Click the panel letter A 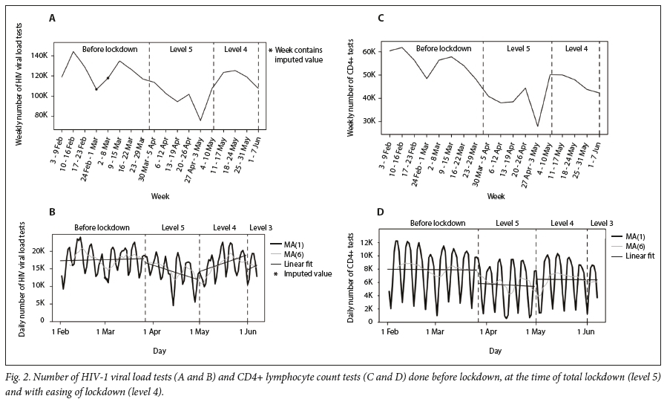(53, 17)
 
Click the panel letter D (381, 213)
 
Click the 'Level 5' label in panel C (524, 49)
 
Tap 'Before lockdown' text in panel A (110, 49)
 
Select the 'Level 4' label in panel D (562, 223)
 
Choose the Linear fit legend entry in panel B (300, 263)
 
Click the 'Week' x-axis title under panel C (497, 198)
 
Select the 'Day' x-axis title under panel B (159, 348)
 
